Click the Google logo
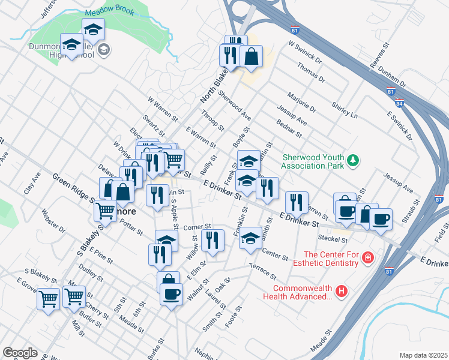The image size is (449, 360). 20,353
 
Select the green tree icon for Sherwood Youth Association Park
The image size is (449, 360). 354,160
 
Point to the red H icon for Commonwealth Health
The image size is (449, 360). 341,291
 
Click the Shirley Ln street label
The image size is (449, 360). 345,109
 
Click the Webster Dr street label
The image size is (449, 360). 53,220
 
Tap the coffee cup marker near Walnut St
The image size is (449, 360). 172,294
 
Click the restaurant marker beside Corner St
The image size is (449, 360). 212,239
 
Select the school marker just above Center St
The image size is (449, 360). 250,238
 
